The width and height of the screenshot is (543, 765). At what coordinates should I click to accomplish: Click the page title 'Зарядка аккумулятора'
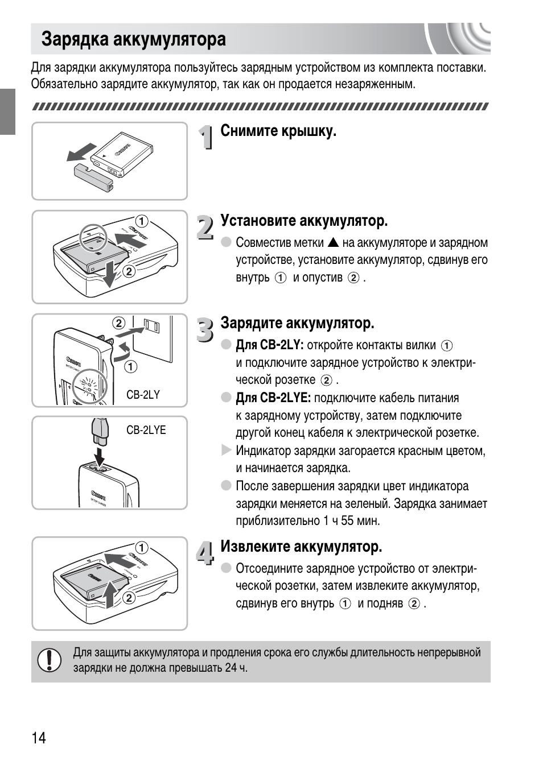click(x=133, y=39)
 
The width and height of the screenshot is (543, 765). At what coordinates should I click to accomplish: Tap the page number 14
click(x=39, y=738)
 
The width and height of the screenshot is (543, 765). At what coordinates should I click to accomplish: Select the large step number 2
click(x=205, y=226)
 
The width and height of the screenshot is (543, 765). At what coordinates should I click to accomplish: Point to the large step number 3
click(x=205, y=329)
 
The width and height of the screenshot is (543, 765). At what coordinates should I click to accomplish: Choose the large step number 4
click(x=205, y=553)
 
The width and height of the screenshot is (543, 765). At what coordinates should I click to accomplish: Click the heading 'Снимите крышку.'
click(x=278, y=131)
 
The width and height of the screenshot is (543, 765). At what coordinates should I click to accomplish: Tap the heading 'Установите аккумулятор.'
click(x=304, y=221)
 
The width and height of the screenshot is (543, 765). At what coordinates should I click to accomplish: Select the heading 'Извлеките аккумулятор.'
click(x=301, y=547)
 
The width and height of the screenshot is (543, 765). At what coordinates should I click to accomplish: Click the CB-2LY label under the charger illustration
click(x=143, y=395)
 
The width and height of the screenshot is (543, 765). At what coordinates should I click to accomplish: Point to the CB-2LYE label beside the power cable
click(x=146, y=430)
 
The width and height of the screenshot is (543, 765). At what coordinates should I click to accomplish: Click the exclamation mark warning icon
click(x=50, y=660)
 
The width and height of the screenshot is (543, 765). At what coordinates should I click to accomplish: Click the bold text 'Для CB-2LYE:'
click(x=273, y=398)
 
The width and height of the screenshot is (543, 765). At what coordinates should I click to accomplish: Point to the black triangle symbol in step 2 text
click(x=333, y=243)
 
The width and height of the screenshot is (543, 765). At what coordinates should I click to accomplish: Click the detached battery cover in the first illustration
click(x=94, y=175)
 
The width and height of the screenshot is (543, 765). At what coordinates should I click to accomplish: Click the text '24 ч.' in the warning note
click(x=236, y=668)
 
